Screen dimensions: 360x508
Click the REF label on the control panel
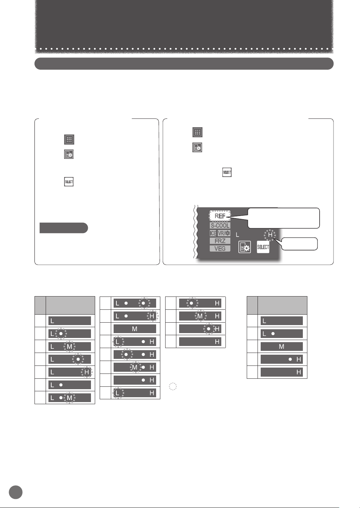220,216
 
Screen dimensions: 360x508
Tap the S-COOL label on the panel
220,225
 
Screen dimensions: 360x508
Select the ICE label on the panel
213,233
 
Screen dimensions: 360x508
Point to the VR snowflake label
224,233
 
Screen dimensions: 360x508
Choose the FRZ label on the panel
220,241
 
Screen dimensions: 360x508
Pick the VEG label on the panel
220,248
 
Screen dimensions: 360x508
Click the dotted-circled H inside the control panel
270,235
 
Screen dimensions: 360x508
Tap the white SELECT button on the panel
263,247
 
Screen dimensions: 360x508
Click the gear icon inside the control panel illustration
245,247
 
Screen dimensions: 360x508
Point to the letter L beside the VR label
238,235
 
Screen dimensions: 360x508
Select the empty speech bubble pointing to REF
283,218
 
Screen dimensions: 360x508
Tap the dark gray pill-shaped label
63,228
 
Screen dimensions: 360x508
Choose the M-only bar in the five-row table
282,347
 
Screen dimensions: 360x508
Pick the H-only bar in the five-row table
282,372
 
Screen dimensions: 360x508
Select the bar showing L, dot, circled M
70,398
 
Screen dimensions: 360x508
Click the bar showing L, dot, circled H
135,316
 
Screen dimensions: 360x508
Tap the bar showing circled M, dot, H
135,367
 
